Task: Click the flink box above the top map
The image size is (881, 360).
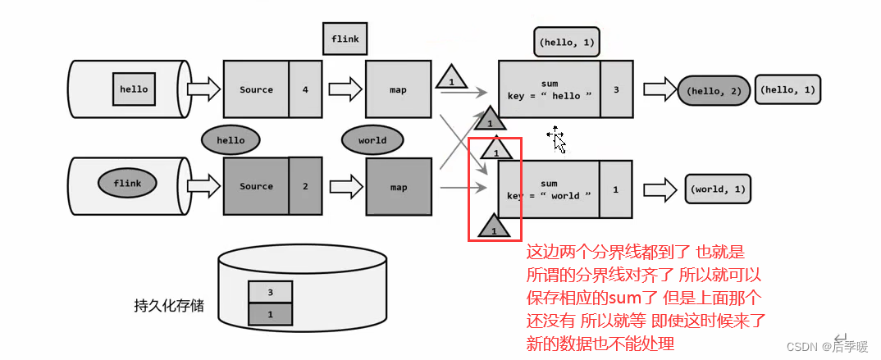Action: click(x=345, y=38)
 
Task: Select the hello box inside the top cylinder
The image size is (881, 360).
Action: click(x=134, y=89)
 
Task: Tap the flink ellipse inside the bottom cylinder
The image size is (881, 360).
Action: click(x=127, y=184)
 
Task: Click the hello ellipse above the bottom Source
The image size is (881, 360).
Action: click(x=231, y=140)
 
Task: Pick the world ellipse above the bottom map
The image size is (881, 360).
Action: click(x=372, y=140)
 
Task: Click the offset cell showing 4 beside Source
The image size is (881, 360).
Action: click(x=305, y=89)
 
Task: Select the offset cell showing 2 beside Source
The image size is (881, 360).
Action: click(x=305, y=186)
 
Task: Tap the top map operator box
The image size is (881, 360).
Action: click(x=399, y=89)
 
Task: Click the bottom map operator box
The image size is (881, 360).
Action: click(x=399, y=187)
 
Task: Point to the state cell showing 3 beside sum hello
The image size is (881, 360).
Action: click(x=616, y=89)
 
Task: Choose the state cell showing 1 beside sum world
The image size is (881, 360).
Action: click(x=615, y=189)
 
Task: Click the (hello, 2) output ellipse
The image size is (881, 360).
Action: click(x=713, y=89)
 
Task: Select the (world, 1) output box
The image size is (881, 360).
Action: click(x=718, y=189)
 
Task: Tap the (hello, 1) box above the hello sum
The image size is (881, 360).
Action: click(x=566, y=41)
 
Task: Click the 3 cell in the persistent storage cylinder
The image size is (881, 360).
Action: click(x=272, y=291)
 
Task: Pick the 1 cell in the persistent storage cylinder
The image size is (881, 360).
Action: click(x=272, y=312)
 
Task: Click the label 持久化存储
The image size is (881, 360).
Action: click(x=169, y=306)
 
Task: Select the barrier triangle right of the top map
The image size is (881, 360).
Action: click(x=450, y=79)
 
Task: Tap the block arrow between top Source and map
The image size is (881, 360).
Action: click(x=345, y=89)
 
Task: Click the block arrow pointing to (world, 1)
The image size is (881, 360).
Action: click(x=658, y=189)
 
